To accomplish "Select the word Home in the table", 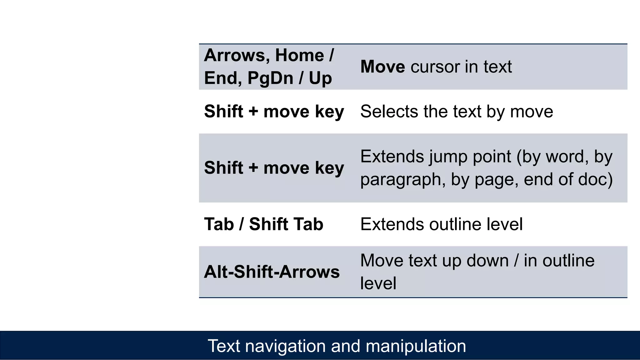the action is click(x=299, y=55).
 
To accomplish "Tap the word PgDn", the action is click(x=270, y=78).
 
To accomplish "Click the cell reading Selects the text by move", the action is click(x=457, y=111).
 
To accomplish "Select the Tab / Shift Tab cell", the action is click(x=263, y=224).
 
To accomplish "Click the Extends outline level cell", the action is click(x=441, y=224).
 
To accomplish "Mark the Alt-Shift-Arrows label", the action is click(x=272, y=272).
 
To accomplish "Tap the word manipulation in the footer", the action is click(x=416, y=346).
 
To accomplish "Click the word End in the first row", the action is click(x=222, y=78).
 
